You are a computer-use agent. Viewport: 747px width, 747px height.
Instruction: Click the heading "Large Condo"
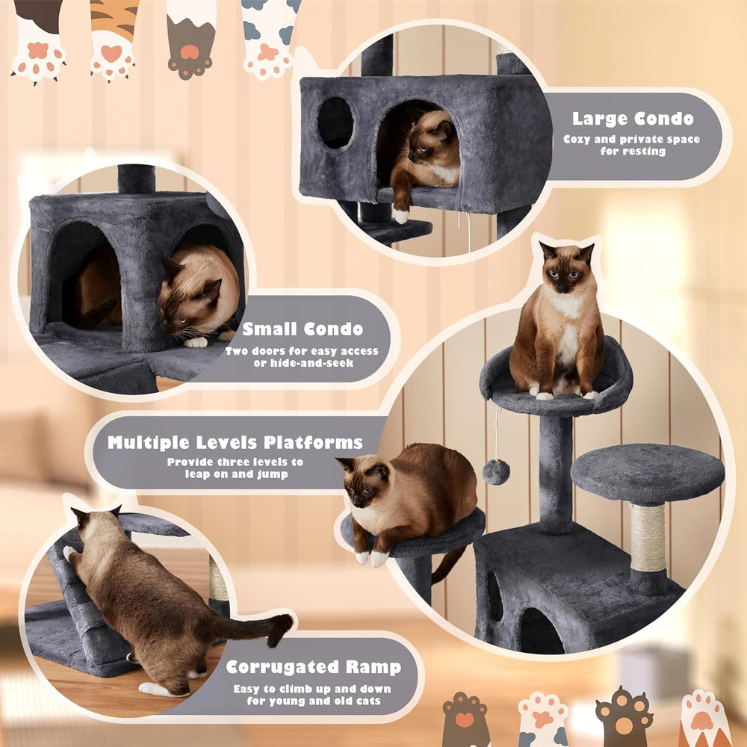click(x=633, y=118)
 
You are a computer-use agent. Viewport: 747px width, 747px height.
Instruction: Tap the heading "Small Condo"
click(x=303, y=329)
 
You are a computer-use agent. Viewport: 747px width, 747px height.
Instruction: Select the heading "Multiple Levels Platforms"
click(x=235, y=442)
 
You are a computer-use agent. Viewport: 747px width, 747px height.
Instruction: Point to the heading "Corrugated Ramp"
click(x=313, y=667)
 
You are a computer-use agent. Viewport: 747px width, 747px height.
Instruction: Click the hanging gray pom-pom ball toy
click(x=495, y=471)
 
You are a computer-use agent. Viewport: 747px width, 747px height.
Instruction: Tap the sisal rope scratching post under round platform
click(x=648, y=538)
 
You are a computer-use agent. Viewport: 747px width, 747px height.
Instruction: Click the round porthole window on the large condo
click(x=335, y=123)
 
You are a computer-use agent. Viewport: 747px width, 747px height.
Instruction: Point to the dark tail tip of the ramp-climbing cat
click(x=282, y=627)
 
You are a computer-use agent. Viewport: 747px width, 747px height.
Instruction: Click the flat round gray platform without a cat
click(x=647, y=472)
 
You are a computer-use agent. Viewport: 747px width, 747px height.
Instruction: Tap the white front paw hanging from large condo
click(x=401, y=216)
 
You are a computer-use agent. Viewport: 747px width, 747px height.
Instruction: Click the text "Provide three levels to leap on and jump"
click(x=235, y=468)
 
